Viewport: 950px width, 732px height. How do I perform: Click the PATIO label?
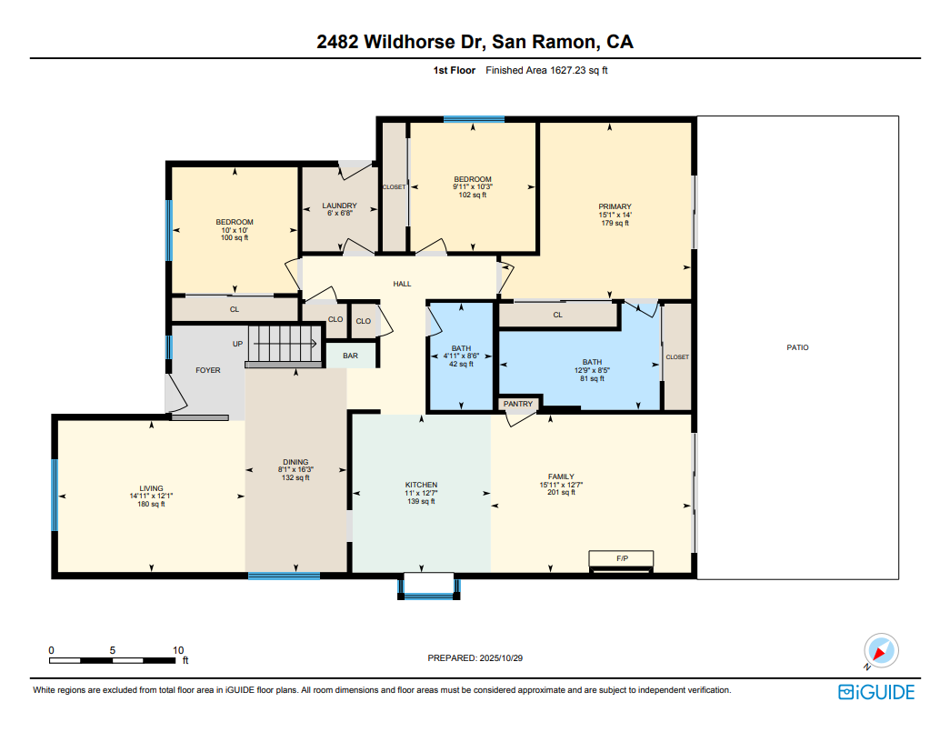[x=797, y=347]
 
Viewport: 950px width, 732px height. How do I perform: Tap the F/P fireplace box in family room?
[x=621, y=558]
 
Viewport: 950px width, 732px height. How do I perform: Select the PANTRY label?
[x=518, y=404]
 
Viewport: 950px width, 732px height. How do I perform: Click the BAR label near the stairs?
[x=350, y=356]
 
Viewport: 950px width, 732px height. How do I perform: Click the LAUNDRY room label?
[x=339, y=206]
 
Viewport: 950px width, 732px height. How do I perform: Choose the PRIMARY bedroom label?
[x=615, y=206]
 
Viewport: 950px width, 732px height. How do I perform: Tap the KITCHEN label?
[x=421, y=485]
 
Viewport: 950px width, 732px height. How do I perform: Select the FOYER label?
[x=208, y=370]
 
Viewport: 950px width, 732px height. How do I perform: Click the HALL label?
[x=402, y=284]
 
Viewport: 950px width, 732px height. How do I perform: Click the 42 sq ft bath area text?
[x=461, y=364]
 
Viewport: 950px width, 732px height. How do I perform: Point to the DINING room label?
[x=295, y=461]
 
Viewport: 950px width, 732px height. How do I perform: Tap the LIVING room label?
[x=151, y=488]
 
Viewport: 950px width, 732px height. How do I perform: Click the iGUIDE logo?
[x=876, y=692]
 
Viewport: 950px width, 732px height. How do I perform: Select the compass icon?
[x=880, y=651]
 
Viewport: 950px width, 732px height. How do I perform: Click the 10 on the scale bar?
[x=178, y=650]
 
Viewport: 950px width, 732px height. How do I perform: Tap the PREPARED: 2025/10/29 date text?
[x=475, y=657]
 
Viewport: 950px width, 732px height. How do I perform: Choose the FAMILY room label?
[x=561, y=476]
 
